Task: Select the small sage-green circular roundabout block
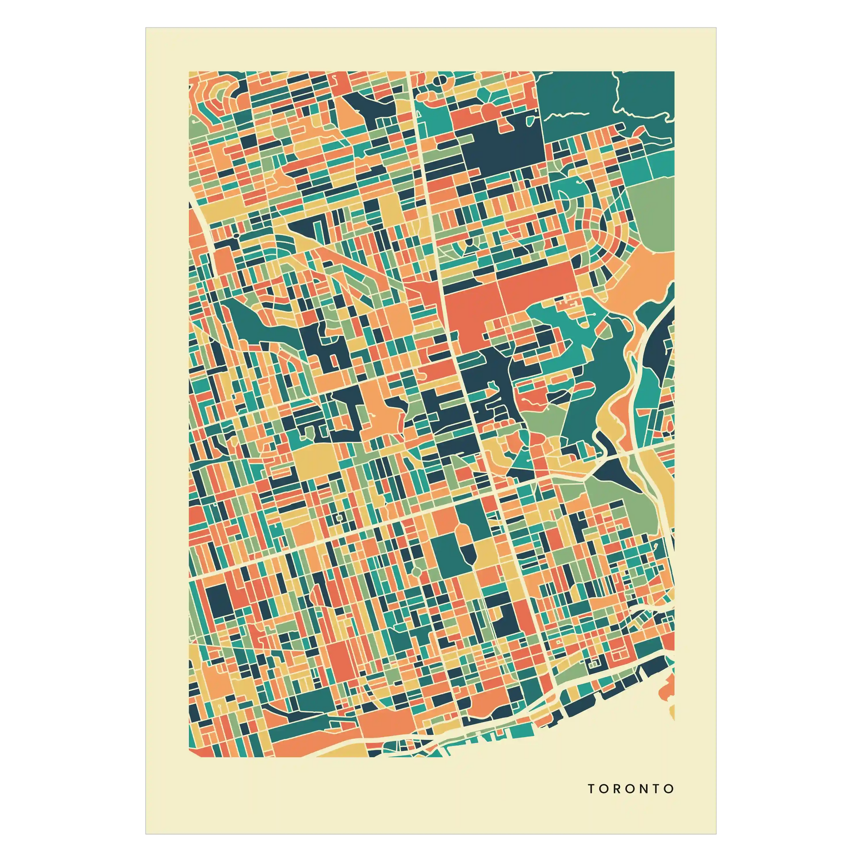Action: point(416,571)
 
